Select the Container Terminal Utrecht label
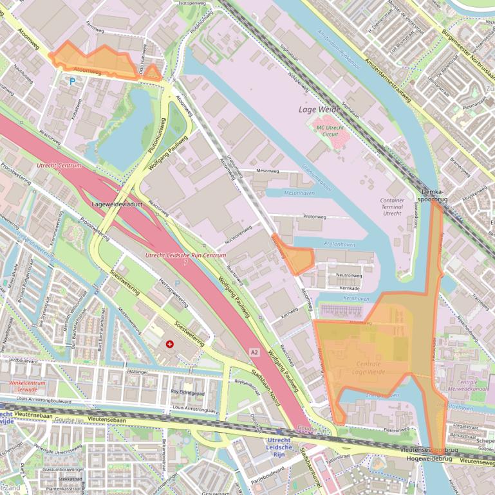click(x=392, y=206)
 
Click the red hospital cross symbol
click(x=170, y=345)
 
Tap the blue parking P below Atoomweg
click(x=72, y=82)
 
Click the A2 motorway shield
click(x=255, y=352)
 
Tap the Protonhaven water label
click(x=339, y=244)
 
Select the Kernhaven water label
click(x=355, y=299)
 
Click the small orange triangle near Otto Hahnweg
click(x=153, y=73)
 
